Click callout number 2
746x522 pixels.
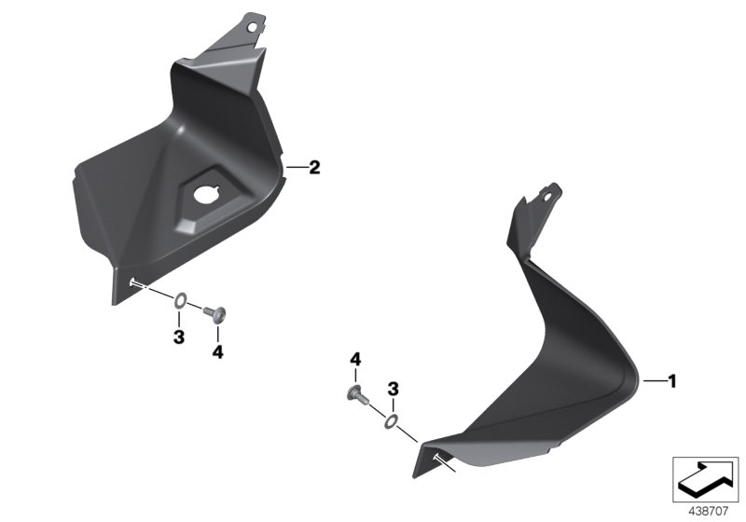click(x=314, y=168)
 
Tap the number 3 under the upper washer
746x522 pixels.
click(x=178, y=336)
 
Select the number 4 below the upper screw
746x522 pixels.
click(x=217, y=351)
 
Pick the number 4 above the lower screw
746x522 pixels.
click(x=354, y=360)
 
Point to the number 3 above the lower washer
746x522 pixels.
click(x=394, y=388)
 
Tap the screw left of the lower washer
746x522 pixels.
click(x=358, y=395)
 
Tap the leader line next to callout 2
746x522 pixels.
click(x=296, y=168)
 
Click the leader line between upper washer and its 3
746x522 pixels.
click(x=179, y=317)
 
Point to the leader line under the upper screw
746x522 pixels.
click(x=217, y=334)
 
